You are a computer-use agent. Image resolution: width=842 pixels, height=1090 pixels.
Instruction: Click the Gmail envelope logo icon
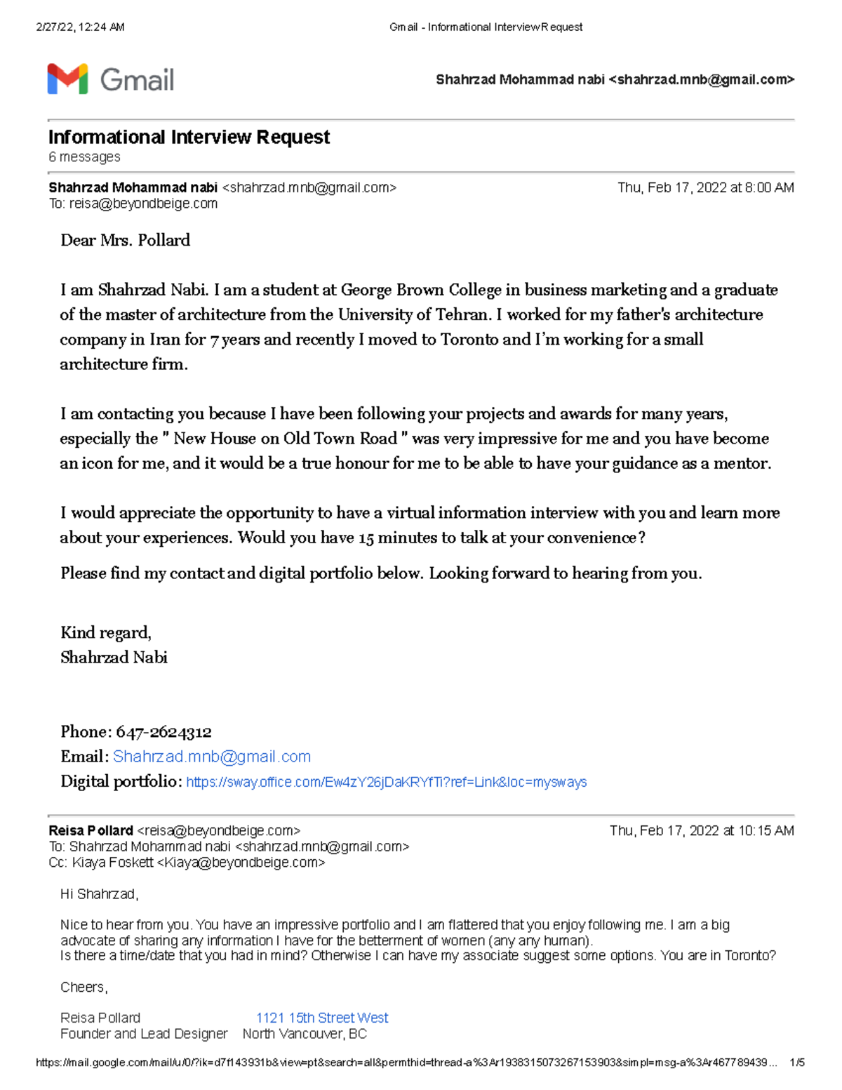[67, 79]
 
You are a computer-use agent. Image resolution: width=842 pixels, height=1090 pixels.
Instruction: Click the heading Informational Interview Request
[189, 137]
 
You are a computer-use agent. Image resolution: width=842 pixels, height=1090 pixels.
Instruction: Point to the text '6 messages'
[84, 157]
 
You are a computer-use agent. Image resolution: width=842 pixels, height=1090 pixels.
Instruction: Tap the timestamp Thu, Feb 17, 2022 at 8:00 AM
[705, 187]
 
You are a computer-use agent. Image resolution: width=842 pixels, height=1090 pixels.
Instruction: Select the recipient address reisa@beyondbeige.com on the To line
[143, 204]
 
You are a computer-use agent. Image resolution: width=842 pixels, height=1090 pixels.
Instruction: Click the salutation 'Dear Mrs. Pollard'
[125, 240]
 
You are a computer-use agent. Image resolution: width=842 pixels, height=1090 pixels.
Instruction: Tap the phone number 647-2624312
[163, 732]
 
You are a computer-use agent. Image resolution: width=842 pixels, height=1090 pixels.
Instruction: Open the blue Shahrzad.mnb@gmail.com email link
[211, 757]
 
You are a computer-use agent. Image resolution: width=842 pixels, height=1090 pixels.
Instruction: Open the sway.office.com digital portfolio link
[386, 782]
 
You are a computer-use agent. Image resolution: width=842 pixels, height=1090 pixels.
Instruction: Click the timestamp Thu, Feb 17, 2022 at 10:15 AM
[702, 831]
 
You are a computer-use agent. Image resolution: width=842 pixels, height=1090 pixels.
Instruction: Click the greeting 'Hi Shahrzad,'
[100, 894]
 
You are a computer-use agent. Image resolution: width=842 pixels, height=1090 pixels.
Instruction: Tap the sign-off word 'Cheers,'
[83, 988]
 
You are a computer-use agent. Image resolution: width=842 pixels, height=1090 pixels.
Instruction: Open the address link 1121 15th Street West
[322, 1018]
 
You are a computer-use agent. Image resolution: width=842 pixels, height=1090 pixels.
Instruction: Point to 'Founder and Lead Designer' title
[144, 1034]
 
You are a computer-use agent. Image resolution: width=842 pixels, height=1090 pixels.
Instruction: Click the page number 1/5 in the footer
[796, 1063]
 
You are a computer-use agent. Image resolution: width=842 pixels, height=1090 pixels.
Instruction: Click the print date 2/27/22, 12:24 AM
[80, 27]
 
